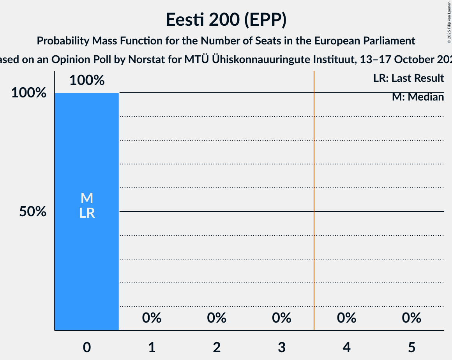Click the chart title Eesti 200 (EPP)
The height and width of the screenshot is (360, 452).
click(226, 19)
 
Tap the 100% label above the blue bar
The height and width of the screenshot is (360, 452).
click(87, 80)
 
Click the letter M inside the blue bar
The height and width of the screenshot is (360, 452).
click(87, 198)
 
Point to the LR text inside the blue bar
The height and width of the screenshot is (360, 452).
click(87, 213)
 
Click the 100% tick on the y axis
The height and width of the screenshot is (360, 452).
click(28, 93)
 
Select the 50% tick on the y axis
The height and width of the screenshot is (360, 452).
click(33, 212)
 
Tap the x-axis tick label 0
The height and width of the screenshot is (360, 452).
click(87, 347)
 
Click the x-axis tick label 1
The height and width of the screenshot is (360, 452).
click(152, 347)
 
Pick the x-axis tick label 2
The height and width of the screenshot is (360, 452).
click(217, 347)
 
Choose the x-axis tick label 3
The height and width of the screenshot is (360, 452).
click(282, 347)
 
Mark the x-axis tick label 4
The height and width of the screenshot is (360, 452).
click(346, 347)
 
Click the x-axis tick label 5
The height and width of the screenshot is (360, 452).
click(411, 347)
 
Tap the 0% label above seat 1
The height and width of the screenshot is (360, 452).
click(152, 318)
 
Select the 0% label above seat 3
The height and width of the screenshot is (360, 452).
click(282, 318)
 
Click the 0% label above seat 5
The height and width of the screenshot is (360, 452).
click(411, 318)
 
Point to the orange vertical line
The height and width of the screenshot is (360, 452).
click(314, 195)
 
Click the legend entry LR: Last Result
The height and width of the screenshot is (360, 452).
click(408, 78)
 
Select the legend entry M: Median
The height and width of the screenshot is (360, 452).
click(418, 97)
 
